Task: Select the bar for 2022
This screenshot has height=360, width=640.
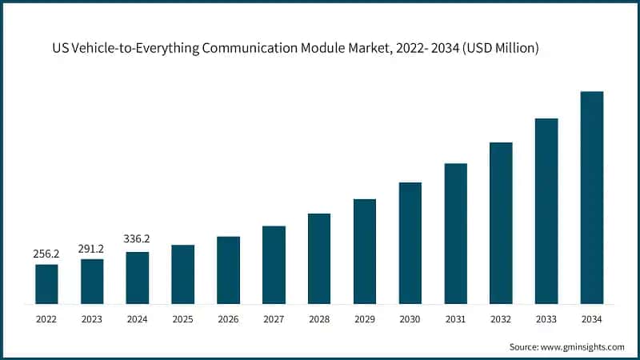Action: (x=46, y=284)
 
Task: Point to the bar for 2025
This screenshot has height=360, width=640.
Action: (x=182, y=274)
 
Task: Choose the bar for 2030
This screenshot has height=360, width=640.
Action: (x=410, y=243)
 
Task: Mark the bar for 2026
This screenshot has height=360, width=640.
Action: (x=228, y=270)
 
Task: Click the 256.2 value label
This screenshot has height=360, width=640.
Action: (x=46, y=254)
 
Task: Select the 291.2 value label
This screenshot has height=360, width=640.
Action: (x=92, y=248)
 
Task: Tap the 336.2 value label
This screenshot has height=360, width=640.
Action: (x=138, y=238)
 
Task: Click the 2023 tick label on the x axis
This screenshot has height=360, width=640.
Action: (x=92, y=318)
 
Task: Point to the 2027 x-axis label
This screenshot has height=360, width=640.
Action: (x=274, y=318)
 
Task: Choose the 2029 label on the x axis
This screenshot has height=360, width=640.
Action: (x=365, y=318)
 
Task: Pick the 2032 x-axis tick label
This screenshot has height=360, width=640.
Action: (x=501, y=318)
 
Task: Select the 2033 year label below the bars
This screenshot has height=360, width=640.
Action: (x=546, y=318)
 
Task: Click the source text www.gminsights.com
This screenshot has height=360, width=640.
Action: (x=584, y=346)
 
